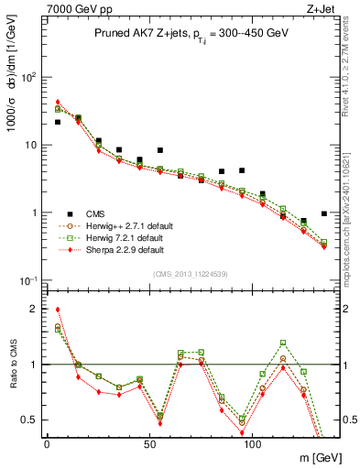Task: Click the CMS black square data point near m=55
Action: pos(160,150)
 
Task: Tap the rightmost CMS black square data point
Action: pos(324,213)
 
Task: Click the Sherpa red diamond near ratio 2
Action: pos(58,310)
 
